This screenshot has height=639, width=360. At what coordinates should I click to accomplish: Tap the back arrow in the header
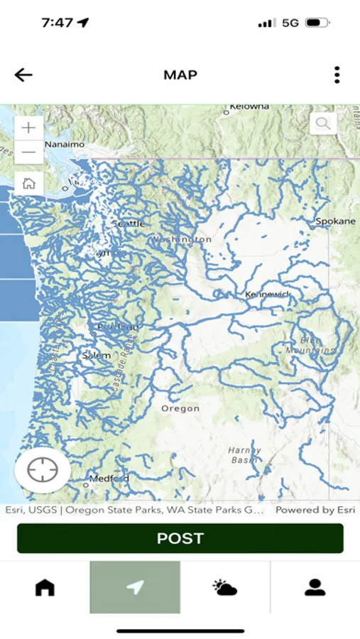[23, 75]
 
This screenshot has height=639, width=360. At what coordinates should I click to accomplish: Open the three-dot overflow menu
[337, 75]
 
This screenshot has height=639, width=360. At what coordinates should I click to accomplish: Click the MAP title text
[180, 75]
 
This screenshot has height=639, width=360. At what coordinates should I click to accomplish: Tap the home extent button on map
[29, 183]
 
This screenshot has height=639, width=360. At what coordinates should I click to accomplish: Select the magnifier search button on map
[323, 124]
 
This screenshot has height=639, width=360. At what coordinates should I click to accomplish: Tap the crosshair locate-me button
[43, 470]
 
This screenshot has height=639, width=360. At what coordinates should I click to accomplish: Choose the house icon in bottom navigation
[45, 587]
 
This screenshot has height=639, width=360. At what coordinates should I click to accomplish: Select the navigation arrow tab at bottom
[135, 587]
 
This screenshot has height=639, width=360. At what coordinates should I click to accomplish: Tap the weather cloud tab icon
[225, 587]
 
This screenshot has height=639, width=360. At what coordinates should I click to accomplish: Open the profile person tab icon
[315, 587]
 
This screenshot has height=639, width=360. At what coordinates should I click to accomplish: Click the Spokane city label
[335, 222]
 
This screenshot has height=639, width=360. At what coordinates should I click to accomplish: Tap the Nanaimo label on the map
[65, 144]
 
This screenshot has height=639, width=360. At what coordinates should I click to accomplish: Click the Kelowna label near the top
[249, 106]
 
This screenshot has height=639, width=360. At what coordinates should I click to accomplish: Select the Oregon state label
[180, 409]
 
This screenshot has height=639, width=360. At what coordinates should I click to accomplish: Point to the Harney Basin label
[244, 455]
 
